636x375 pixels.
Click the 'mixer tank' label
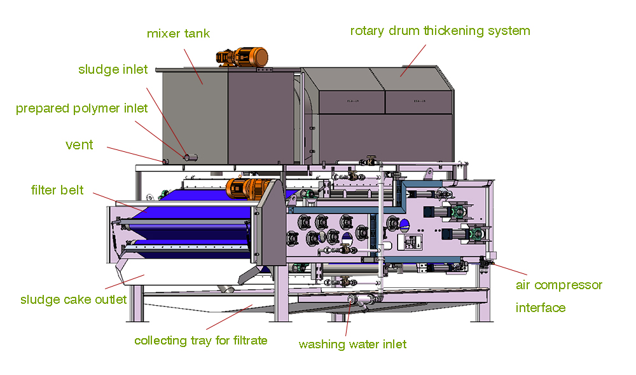click(x=178, y=33)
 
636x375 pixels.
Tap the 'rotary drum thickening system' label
click(x=440, y=31)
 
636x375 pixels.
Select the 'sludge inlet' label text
click(x=113, y=69)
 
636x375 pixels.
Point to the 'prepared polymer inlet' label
click(x=81, y=108)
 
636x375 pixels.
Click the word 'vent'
click(x=79, y=145)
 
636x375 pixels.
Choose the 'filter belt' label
click(x=57, y=190)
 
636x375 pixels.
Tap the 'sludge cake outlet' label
click(x=73, y=299)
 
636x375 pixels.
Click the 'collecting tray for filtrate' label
click(x=200, y=340)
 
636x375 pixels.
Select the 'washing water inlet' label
click(x=352, y=344)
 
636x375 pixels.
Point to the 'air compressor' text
click(x=558, y=285)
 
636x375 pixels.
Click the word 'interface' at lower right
click(x=540, y=308)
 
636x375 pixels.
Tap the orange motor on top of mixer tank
click(x=245, y=57)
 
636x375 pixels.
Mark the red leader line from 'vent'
click(x=134, y=153)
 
